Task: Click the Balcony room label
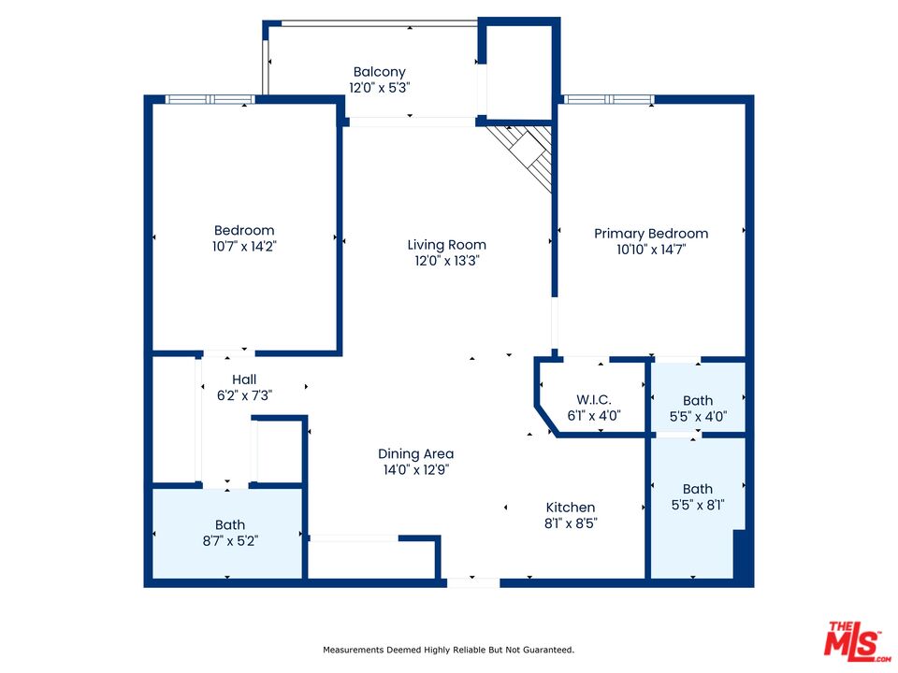pos(379,72)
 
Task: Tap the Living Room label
pos(447,245)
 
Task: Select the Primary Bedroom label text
pos(651,234)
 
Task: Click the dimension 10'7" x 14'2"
pos(244,247)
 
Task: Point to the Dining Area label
pos(415,454)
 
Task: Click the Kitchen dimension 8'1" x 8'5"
pos(571,523)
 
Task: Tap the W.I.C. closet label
pos(594,400)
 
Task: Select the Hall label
pos(244,379)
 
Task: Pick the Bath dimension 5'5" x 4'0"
pos(698,417)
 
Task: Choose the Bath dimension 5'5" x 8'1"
pos(698,505)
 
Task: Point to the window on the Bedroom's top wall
pos(210,99)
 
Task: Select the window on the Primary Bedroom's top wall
pos(608,99)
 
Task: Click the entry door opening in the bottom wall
pos(473,582)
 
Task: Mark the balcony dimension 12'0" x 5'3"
pos(381,88)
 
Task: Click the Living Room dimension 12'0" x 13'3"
pos(447,261)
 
